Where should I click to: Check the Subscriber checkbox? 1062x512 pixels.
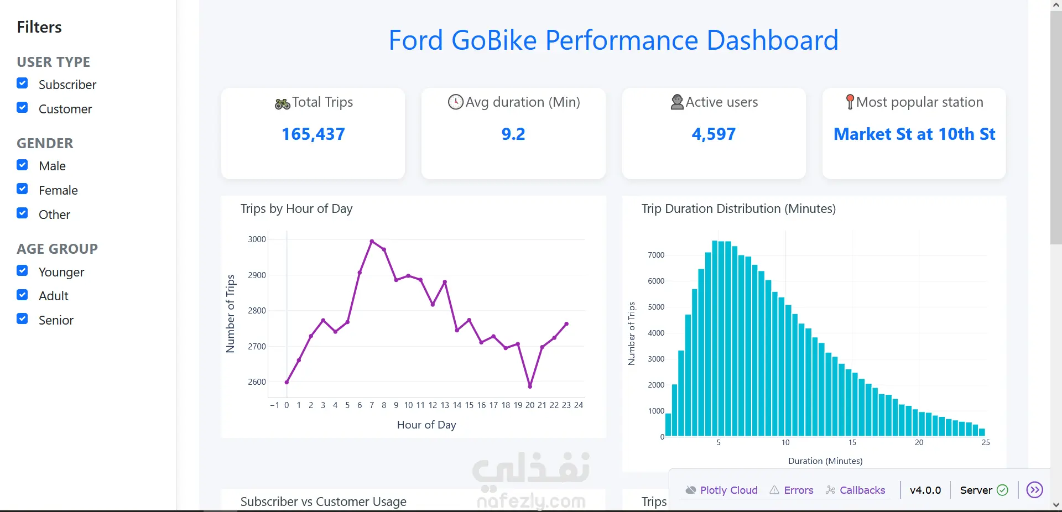[x=22, y=83]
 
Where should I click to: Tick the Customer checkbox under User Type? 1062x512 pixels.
[x=22, y=108]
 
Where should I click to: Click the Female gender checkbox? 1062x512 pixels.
[x=22, y=189]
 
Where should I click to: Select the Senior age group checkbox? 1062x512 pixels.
[x=22, y=319]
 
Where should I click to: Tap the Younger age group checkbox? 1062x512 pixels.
[x=22, y=271]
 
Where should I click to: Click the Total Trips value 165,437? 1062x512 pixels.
[x=313, y=134]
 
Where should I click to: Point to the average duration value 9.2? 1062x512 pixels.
[x=513, y=134]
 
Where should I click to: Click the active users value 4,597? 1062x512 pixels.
[x=714, y=134]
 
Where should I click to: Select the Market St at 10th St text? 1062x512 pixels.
[x=914, y=134]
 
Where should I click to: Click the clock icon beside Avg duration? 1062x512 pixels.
[x=455, y=102]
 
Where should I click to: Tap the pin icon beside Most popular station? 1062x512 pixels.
[x=850, y=102]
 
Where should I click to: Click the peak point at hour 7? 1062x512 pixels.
[x=372, y=241]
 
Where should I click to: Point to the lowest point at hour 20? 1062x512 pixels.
[x=530, y=386]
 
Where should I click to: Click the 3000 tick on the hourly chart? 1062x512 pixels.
[x=257, y=239]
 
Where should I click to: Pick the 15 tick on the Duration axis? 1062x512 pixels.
[x=852, y=442]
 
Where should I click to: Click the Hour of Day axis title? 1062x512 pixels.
[x=426, y=425]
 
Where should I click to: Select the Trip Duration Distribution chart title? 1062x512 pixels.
[x=738, y=208]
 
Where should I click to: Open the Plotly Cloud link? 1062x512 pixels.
[x=721, y=490]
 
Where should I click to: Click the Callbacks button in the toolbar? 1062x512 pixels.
[x=855, y=490]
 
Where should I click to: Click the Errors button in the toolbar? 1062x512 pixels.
[x=792, y=490]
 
